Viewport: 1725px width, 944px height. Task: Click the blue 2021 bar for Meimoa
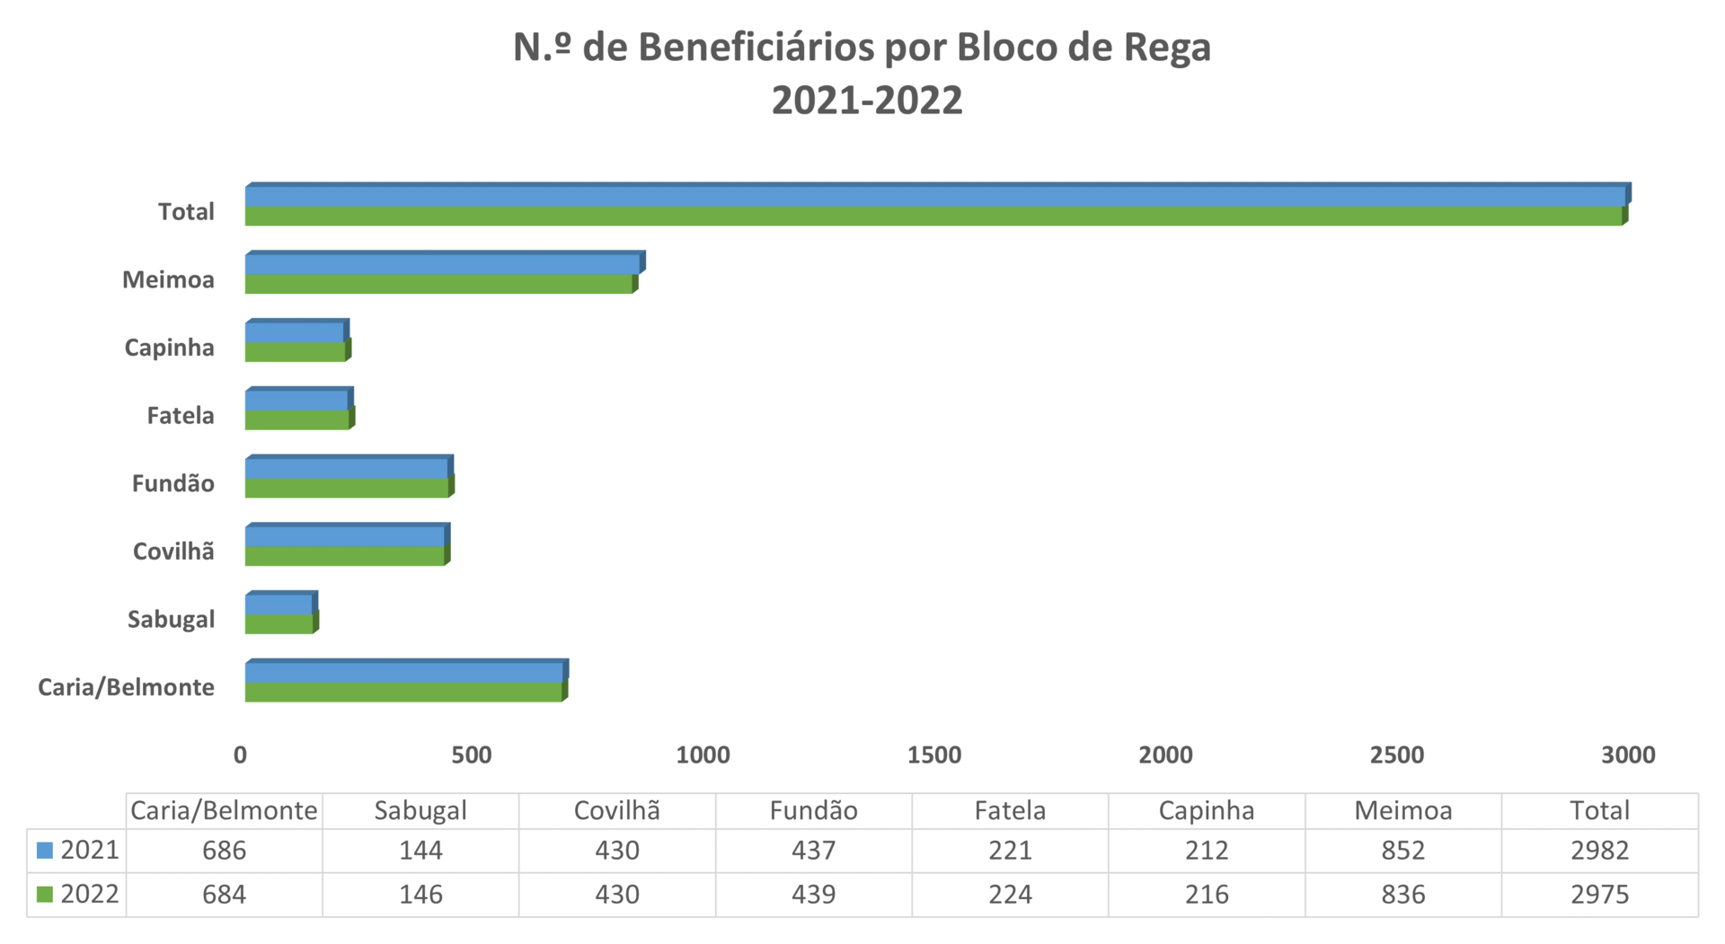(x=442, y=264)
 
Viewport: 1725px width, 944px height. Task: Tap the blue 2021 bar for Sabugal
(x=279, y=604)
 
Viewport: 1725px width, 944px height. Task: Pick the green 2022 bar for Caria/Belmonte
(x=403, y=693)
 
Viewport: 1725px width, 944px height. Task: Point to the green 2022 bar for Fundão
(x=346, y=489)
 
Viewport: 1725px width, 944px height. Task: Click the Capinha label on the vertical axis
(x=169, y=348)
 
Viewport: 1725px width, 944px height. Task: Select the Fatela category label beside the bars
(x=181, y=416)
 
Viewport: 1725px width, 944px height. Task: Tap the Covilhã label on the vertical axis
(x=173, y=551)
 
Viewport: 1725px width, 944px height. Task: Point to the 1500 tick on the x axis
(x=934, y=755)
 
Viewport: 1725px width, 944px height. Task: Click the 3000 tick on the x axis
(x=1628, y=755)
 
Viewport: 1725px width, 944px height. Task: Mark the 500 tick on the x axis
(x=472, y=755)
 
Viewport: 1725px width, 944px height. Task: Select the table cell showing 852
(x=1402, y=851)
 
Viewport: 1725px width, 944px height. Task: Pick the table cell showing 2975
(x=1599, y=895)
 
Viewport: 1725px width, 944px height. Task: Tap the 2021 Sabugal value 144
(x=420, y=851)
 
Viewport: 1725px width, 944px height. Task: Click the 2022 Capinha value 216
(x=1206, y=895)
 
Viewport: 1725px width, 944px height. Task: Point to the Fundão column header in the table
(x=813, y=811)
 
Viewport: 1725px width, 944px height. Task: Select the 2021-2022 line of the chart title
(x=866, y=101)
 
